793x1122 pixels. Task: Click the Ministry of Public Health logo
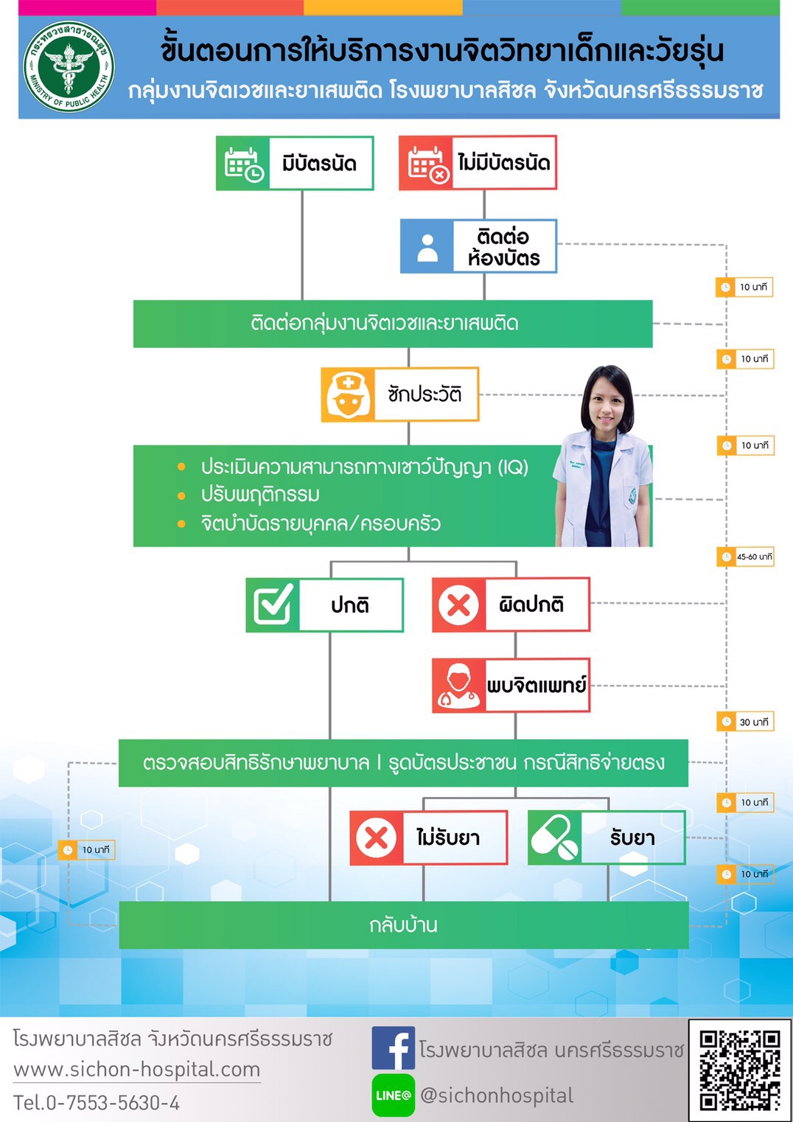tap(69, 67)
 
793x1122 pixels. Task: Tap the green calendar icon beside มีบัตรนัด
tap(243, 163)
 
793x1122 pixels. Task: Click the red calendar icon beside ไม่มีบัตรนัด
tap(426, 163)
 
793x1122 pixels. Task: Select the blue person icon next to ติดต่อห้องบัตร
tap(427, 246)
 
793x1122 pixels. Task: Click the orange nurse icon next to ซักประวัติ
tap(348, 394)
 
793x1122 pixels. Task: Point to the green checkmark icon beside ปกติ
tap(273, 604)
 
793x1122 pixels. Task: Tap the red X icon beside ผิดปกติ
tap(458, 604)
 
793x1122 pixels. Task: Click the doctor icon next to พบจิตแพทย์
tap(458, 686)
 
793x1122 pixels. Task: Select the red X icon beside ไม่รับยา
tap(377, 837)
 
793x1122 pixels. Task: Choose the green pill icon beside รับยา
tap(554, 837)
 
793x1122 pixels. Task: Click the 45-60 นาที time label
tap(745, 557)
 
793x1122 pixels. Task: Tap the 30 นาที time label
tap(745, 722)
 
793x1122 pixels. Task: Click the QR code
tap(739, 1070)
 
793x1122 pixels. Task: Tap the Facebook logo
tap(393, 1048)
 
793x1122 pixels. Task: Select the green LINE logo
tap(393, 1095)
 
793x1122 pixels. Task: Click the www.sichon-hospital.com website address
tap(137, 1069)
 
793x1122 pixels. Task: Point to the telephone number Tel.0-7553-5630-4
tap(97, 1103)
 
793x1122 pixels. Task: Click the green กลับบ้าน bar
tap(403, 924)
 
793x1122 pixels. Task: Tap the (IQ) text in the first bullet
tap(513, 467)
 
